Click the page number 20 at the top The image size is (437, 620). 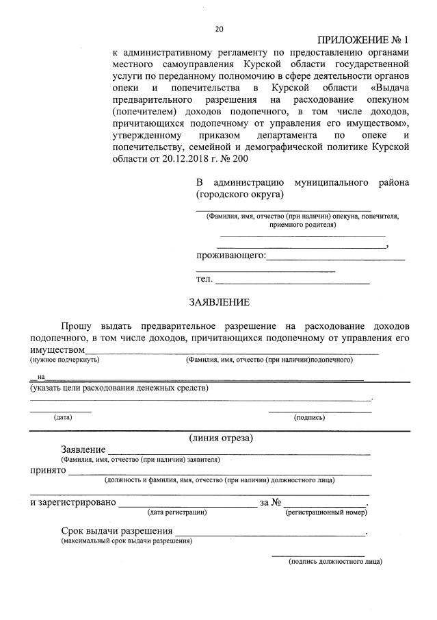click(219, 29)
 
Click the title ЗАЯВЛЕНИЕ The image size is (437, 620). click(220, 302)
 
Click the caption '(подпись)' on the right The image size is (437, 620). click(309, 417)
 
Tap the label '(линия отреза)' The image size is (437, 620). click(221, 438)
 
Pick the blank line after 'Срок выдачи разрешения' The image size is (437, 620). click(270, 532)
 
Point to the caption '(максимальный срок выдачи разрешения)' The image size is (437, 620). click(127, 541)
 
